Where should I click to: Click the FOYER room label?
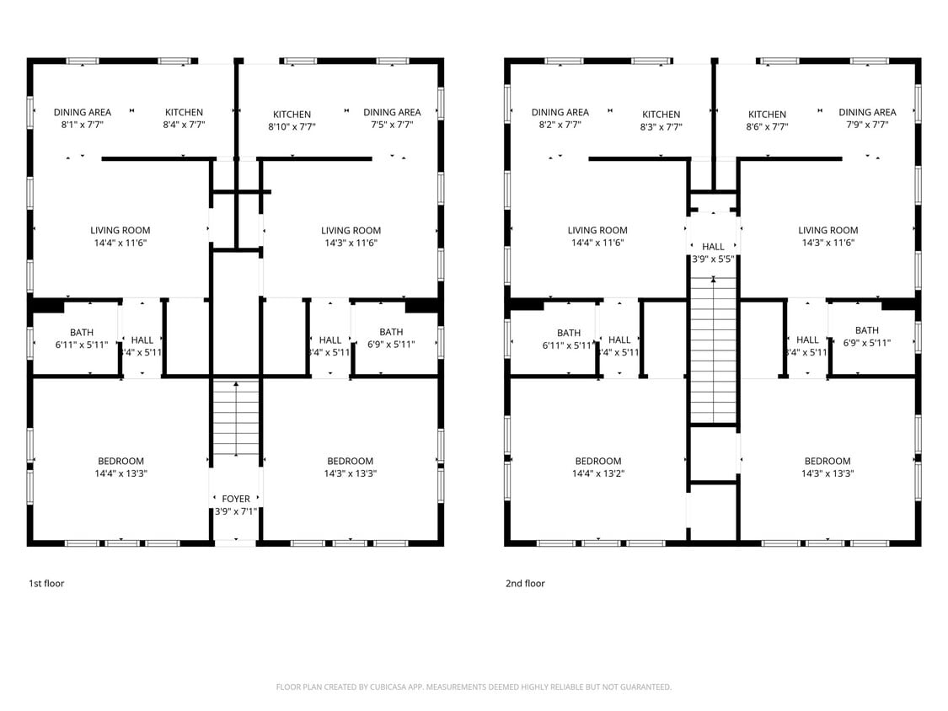[x=236, y=499]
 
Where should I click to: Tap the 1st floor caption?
[x=46, y=583]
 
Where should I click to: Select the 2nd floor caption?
[x=525, y=583]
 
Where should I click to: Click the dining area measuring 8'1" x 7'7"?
[x=83, y=118]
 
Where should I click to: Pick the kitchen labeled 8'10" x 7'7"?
[x=292, y=120]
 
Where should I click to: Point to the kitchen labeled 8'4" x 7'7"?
[x=184, y=118]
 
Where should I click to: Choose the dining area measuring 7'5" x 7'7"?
[x=392, y=118]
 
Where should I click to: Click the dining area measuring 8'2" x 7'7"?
[x=560, y=118]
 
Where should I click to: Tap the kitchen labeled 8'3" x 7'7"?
[x=661, y=120]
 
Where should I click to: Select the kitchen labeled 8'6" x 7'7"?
[x=768, y=120]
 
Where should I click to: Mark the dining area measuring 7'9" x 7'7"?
[x=867, y=118]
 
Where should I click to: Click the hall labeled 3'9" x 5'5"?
[x=713, y=253]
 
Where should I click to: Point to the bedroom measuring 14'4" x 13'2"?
[x=598, y=467]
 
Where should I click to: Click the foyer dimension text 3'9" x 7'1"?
[x=236, y=511]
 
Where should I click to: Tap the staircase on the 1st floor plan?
[x=236, y=419]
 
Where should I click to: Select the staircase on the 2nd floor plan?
[x=714, y=350]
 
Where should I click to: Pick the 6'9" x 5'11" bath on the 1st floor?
[x=392, y=337]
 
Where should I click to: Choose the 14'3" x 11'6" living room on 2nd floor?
[x=827, y=236]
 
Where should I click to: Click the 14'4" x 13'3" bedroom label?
[x=121, y=467]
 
